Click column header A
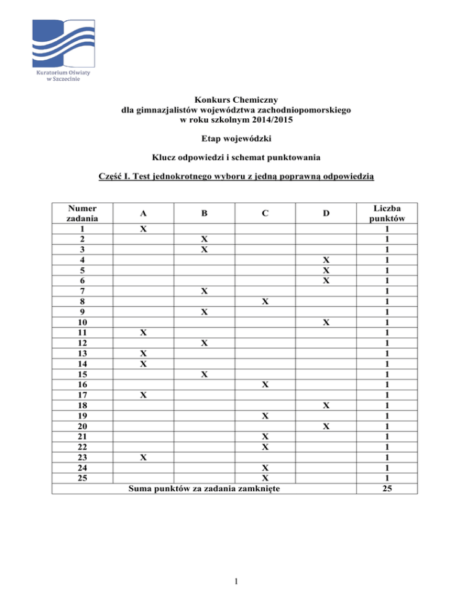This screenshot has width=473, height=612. pyautogui.click(x=143, y=214)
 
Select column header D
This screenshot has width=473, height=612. pyautogui.click(x=327, y=214)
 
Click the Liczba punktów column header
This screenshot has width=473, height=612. pyautogui.click(x=386, y=214)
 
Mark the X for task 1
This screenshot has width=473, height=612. pyautogui.click(x=143, y=228)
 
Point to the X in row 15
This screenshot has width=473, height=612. pyautogui.click(x=203, y=374)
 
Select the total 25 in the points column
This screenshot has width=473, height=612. pyautogui.click(x=386, y=489)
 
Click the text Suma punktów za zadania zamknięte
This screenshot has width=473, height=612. pyautogui.click(x=203, y=489)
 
